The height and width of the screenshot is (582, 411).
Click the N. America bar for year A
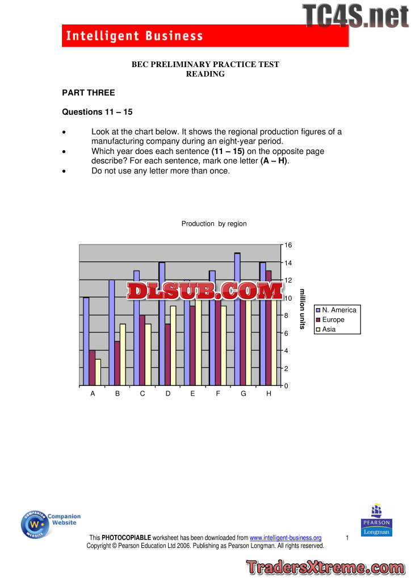[86, 342]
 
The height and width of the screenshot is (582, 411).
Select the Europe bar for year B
[116, 364]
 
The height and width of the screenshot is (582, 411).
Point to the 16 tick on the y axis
[288, 245]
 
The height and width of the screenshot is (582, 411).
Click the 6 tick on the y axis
[287, 333]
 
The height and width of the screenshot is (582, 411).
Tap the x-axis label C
[142, 394]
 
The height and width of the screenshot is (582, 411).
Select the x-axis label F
[218, 394]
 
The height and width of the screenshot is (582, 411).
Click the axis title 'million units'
[303, 309]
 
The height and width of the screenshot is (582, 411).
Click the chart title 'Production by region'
[214, 224]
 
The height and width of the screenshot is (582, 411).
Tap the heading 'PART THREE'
[88, 93]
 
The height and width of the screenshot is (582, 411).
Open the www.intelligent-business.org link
[286, 538]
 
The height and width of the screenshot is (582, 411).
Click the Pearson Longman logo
[376, 520]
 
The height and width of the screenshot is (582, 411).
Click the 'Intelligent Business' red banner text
[135, 36]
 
